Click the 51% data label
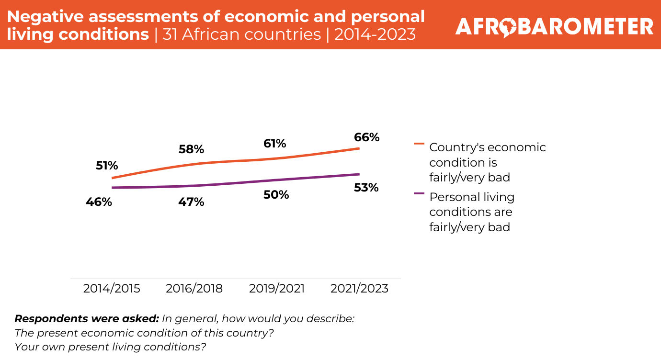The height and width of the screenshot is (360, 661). pyautogui.click(x=106, y=166)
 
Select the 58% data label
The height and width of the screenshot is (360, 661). pyautogui.click(x=192, y=149)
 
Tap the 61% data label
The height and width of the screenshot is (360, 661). pyautogui.click(x=274, y=144)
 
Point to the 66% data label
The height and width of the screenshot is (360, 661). pyautogui.click(x=366, y=137)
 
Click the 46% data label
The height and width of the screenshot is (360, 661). pyautogui.click(x=99, y=202)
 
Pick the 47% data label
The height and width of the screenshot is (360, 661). pyautogui.click(x=192, y=202)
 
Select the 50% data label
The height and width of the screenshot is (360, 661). pyautogui.click(x=276, y=195)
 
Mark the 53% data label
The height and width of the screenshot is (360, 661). pyautogui.click(x=366, y=188)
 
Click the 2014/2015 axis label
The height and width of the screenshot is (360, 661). pyautogui.click(x=112, y=289)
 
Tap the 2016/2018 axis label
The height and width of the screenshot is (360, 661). pyautogui.click(x=194, y=289)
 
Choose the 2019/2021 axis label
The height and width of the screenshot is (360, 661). pyautogui.click(x=277, y=289)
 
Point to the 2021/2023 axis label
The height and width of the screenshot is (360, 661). pyautogui.click(x=359, y=289)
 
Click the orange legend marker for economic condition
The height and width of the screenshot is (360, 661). pyautogui.click(x=419, y=143)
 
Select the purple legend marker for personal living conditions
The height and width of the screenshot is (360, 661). pyautogui.click(x=419, y=193)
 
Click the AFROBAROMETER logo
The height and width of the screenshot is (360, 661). pyautogui.click(x=554, y=27)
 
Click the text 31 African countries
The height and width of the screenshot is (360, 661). pyautogui.click(x=241, y=34)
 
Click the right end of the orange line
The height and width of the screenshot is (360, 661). pyautogui.click(x=359, y=148)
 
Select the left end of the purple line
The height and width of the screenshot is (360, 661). pyautogui.click(x=112, y=188)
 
